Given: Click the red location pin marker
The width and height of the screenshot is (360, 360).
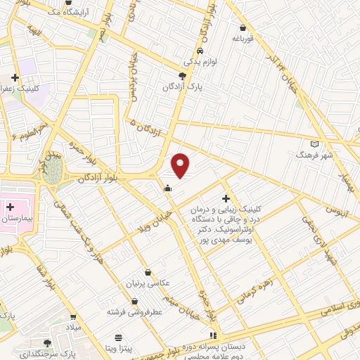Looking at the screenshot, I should coord(181,165).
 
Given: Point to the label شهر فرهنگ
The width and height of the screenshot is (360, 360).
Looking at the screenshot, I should coord(307,153).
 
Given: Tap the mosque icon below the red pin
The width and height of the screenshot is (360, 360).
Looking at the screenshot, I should coord(167,188).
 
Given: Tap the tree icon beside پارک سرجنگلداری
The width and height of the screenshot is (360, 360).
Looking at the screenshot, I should coord(47,342).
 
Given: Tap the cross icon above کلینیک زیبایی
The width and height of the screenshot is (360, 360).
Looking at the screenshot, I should coord(226,199).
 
